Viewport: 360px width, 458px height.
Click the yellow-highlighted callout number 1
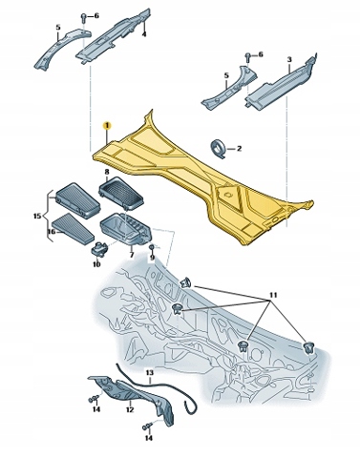tap(107, 126)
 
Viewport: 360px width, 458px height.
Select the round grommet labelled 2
tap(219, 148)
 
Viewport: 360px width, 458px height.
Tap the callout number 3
tap(289, 59)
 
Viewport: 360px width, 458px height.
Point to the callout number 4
tap(144, 33)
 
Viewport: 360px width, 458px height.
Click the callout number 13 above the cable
tap(149, 372)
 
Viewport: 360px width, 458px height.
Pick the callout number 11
tap(273, 295)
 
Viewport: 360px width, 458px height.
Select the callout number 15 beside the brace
tap(37, 217)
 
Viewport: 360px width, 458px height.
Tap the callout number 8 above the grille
tap(107, 172)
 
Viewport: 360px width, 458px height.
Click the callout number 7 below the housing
tap(132, 255)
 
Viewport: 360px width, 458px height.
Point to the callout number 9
tap(152, 258)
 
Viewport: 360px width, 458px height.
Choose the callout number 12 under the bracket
tap(129, 409)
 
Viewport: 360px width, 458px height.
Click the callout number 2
tap(239, 148)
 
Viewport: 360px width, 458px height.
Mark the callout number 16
tap(52, 232)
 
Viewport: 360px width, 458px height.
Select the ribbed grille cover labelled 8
tap(121, 192)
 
